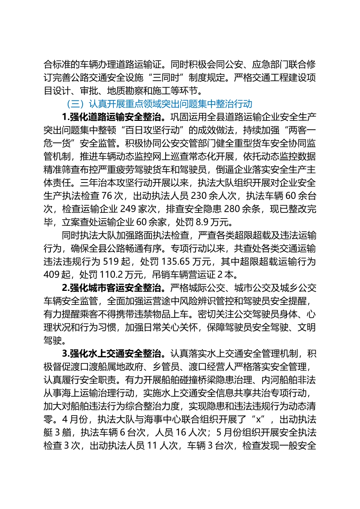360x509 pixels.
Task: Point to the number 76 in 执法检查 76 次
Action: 107,196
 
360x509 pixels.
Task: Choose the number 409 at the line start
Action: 51,275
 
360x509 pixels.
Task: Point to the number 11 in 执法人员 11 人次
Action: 152,446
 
